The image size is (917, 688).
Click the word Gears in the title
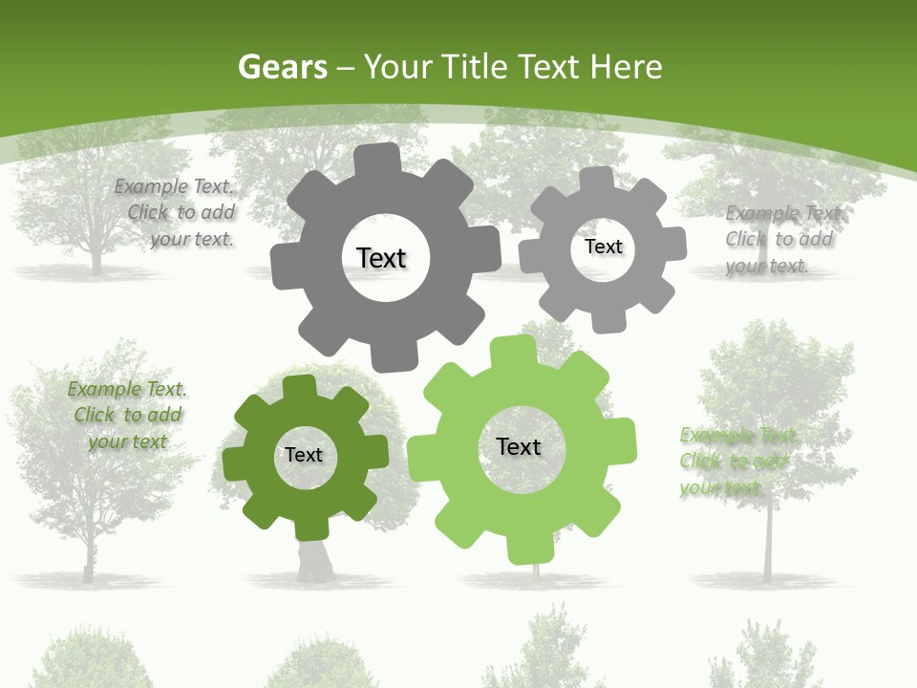283,67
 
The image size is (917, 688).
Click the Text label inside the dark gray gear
381,258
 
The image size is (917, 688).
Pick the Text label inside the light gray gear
603,247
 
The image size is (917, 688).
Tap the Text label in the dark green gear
304,455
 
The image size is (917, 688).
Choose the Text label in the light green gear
519,446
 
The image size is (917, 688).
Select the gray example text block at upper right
780,239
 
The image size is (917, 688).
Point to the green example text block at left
127,415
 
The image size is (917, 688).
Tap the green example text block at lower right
736,462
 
